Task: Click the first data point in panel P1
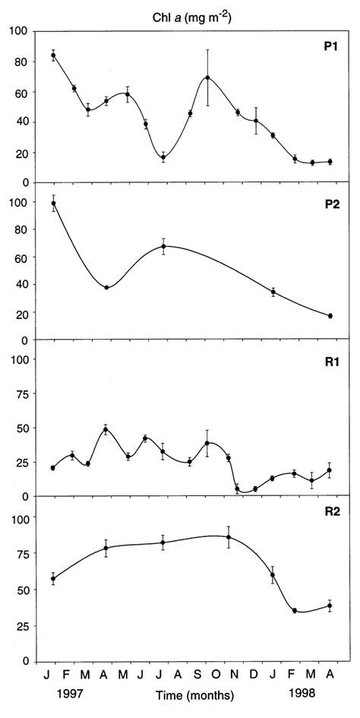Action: coord(53,55)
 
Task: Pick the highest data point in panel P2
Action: coord(53,203)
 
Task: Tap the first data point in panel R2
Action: coord(53,579)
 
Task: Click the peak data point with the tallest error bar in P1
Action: coord(207,77)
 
